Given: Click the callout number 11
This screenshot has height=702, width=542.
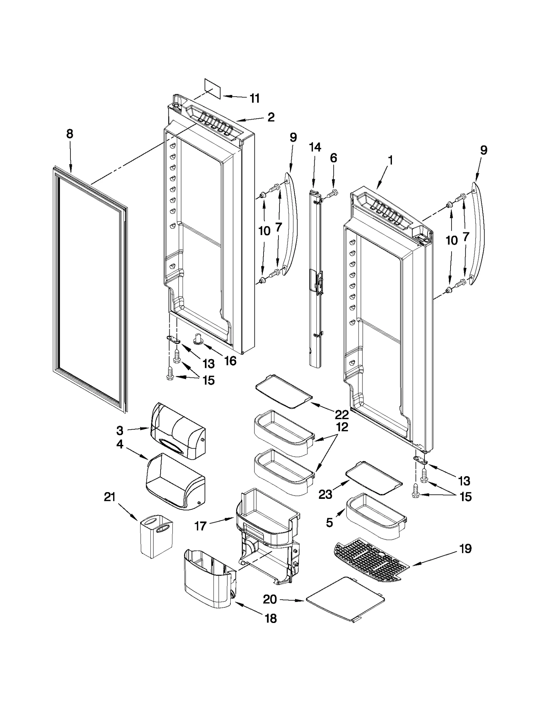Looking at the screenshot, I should tap(254, 98).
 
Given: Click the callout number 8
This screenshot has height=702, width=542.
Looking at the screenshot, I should tap(69, 134).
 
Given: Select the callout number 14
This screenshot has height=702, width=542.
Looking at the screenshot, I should tap(315, 147).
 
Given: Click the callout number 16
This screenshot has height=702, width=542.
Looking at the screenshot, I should tap(230, 361).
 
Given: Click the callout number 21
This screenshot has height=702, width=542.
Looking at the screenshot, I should tap(110, 498).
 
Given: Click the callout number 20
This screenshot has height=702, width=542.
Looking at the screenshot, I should tap(270, 599).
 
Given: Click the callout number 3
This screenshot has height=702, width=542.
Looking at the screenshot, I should tap(120, 431).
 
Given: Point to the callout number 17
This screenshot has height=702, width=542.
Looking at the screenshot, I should tap(200, 526).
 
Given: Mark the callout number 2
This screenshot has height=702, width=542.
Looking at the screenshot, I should tap(271, 117).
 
